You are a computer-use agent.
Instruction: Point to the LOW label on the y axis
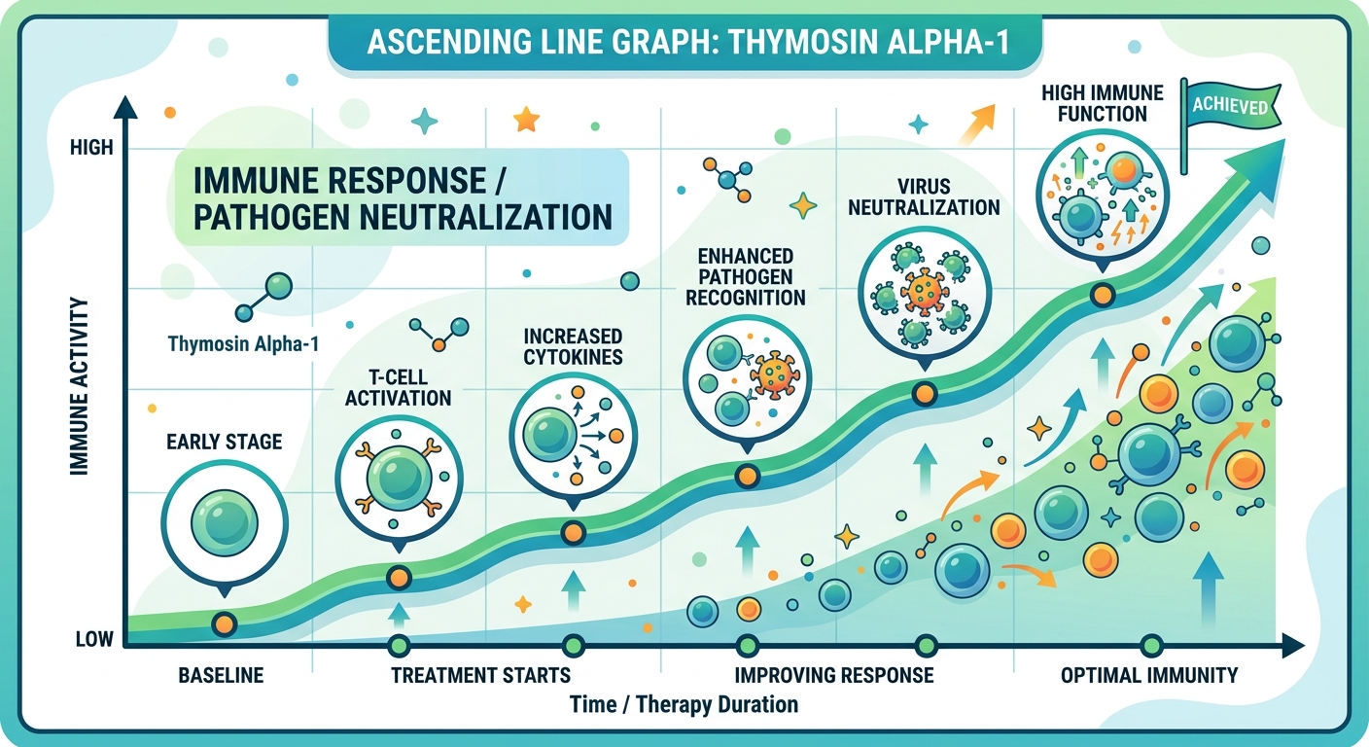(x=93, y=639)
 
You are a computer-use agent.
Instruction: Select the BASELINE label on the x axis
(x=221, y=675)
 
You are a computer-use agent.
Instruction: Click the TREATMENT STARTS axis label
(x=480, y=675)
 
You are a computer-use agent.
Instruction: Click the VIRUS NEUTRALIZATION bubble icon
(x=923, y=293)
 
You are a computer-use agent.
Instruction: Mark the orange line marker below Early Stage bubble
(x=224, y=623)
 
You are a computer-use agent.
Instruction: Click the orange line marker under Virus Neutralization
(x=924, y=394)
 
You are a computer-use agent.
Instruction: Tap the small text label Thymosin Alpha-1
(x=243, y=343)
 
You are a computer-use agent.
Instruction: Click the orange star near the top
(x=526, y=119)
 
